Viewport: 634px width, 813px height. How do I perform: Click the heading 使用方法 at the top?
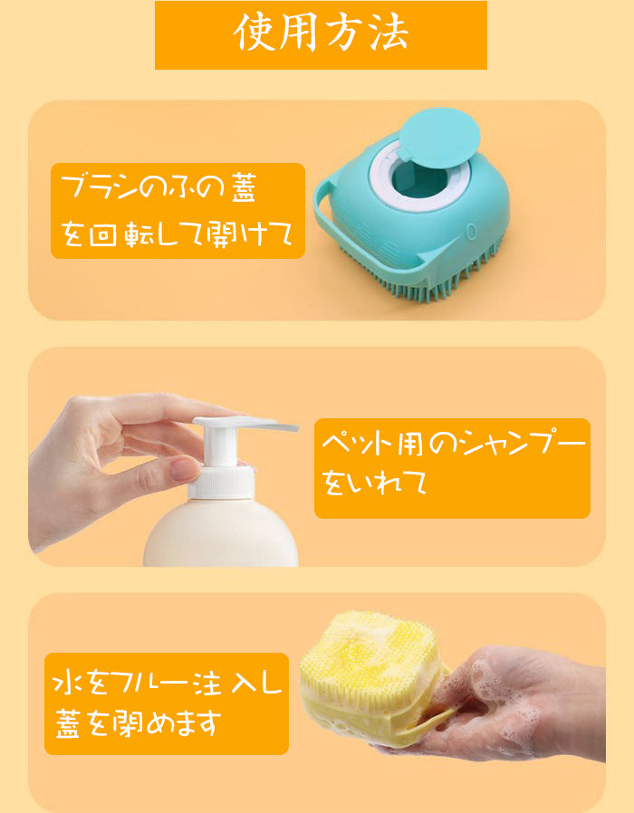click(321, 34)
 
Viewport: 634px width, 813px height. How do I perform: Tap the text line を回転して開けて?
click(177, 235)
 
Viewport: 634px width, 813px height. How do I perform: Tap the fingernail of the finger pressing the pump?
click(185, 469)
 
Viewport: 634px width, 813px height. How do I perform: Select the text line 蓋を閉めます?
click(138, 724)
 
